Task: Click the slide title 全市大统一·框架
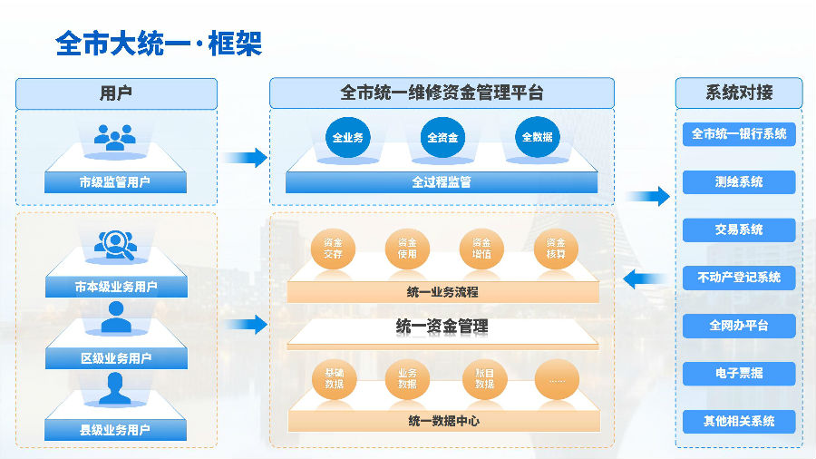tap(159, 44)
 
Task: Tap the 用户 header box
tap(116, 93)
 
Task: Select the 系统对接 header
tap(738, 93)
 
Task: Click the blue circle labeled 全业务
tap(347, 138)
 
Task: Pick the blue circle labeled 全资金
tap(442, 138)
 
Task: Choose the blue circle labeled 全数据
tap(537, 138)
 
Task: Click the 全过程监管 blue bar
tap(442, 182)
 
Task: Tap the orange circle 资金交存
tap(333, 249)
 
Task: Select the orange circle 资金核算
tap(556, 249)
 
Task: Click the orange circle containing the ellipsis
tap(556, 379)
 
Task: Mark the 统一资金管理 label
tap(442, 327)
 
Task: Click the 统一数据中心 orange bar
tap(443, 421)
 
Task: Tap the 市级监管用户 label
tap(115, 182)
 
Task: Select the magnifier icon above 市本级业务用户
tap(115, 243)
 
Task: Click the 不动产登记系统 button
tap(738, 278)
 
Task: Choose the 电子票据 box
tap(738, 373)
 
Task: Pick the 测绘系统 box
tap(738, 182)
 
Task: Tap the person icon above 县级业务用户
tap(115, 388)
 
